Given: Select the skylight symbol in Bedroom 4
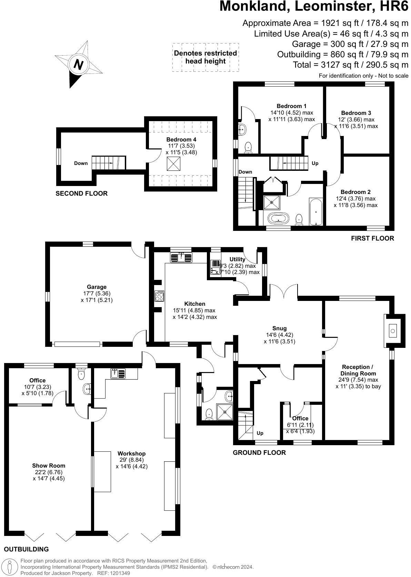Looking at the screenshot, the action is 173,164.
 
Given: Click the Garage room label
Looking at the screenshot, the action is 97,287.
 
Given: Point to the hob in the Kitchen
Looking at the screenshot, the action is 159,296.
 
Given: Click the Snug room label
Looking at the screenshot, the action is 279,328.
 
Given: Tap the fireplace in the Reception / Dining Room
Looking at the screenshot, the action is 393,331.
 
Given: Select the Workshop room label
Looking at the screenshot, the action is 131,453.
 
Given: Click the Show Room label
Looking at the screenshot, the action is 49,466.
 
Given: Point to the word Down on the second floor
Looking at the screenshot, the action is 81,163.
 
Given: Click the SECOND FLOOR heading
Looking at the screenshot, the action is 82,194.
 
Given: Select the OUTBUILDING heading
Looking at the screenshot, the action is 26,549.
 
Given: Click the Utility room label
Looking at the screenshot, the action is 237,259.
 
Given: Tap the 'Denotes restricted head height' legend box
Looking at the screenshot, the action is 205,57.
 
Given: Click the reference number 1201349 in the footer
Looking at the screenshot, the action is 120,573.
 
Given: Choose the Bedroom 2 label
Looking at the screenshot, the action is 355,192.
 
